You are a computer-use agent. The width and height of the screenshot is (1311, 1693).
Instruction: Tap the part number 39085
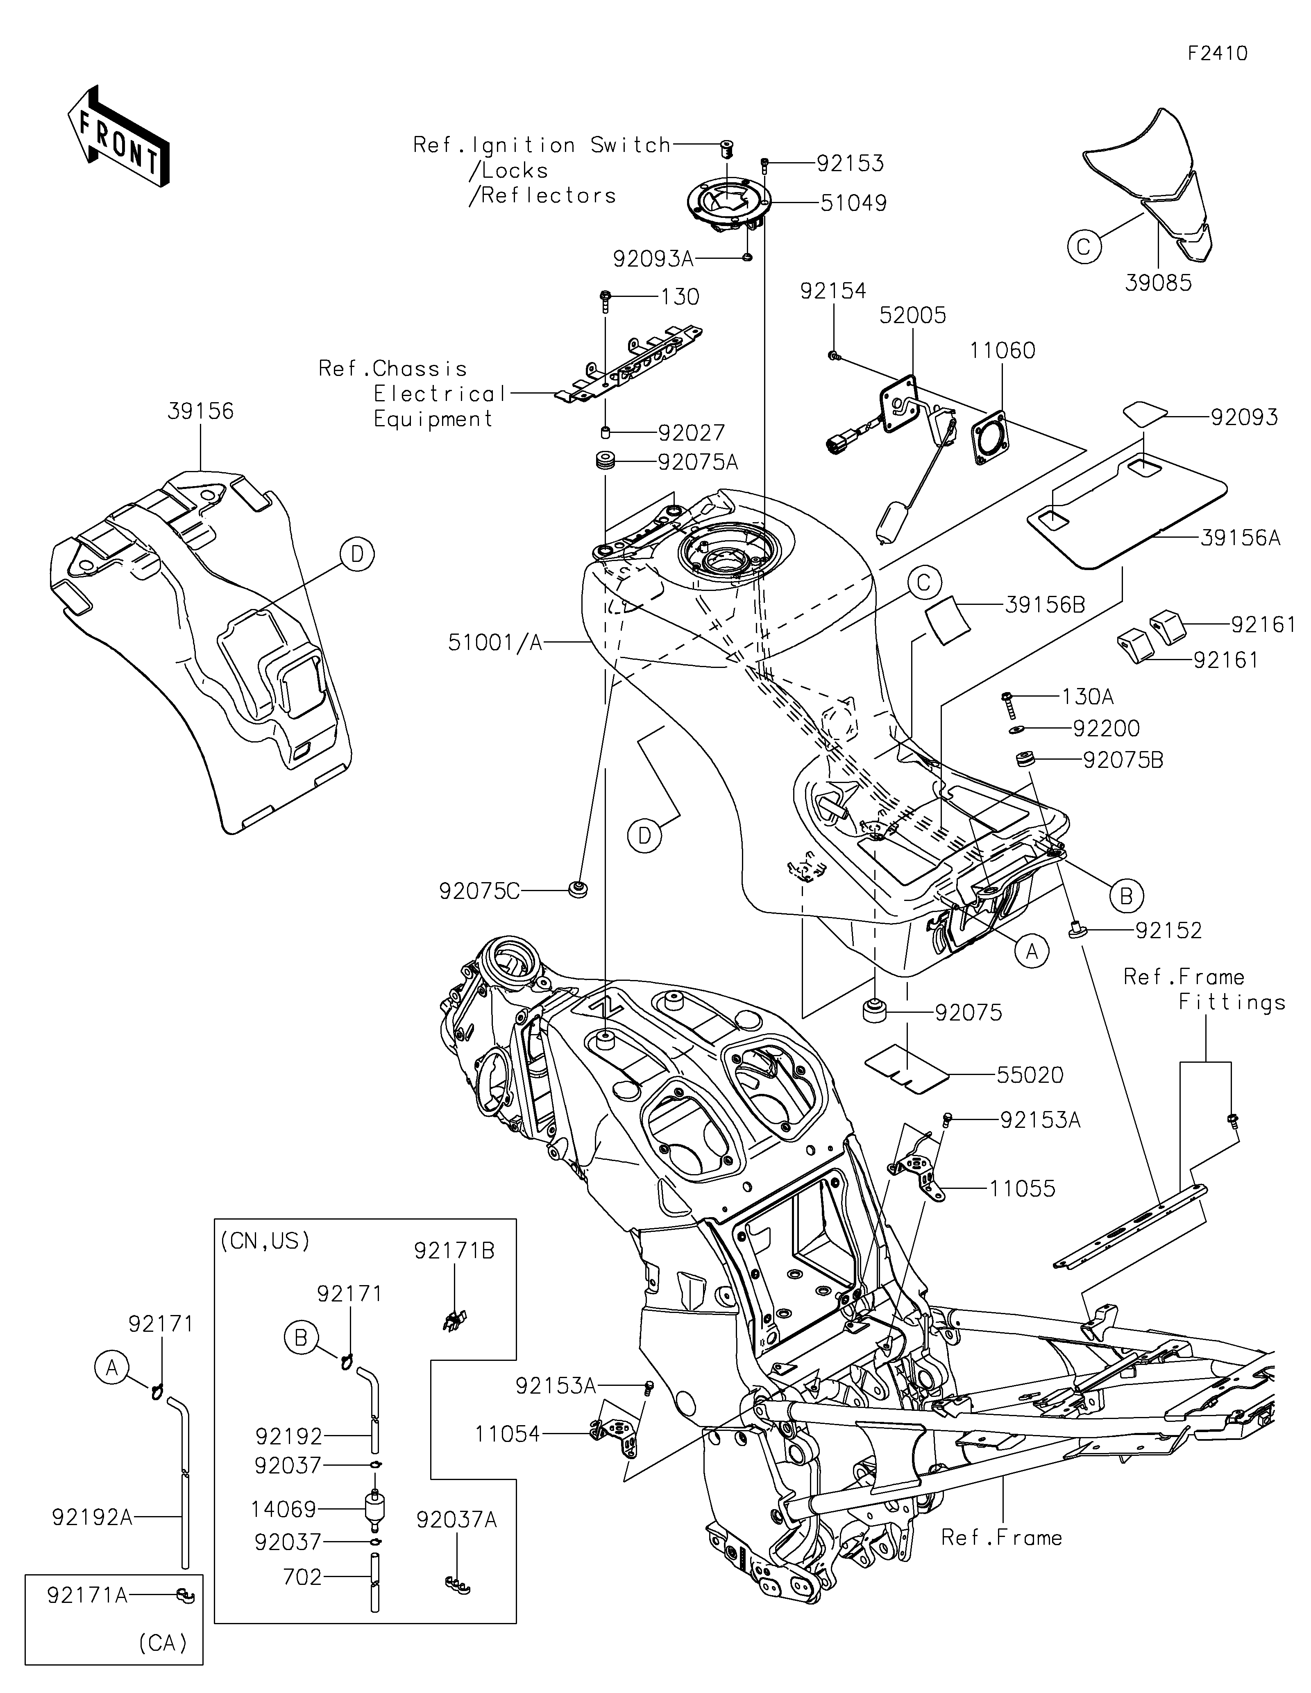pos(1159,283)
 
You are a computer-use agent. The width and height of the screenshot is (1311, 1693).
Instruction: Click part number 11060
pos(1003,351)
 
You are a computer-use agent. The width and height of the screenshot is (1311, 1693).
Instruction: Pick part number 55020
pos(1030,1075)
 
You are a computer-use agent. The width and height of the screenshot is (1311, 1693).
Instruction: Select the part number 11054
pos(508,1434)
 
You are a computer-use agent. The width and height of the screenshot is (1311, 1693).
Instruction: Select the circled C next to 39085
pos(1084,247)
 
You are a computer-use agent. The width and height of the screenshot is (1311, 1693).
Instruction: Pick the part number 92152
pos(1168,930)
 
